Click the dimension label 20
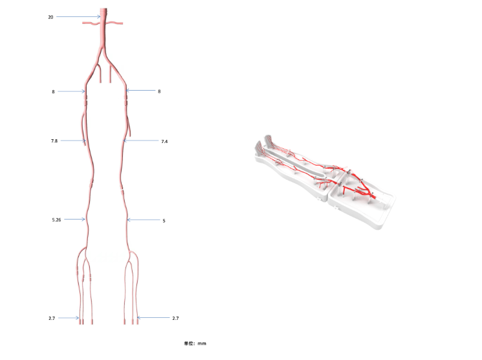click(50, 17)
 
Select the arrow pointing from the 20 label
click(78, 17)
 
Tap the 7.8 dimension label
click(54, 141)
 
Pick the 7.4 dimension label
click(164, 142)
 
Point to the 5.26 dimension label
click(56, 219)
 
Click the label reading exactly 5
click(164, 221)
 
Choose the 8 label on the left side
click(53, 92)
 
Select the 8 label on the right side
click(159, 91)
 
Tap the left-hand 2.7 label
click(52, 318)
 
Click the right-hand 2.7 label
click(175, 318)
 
